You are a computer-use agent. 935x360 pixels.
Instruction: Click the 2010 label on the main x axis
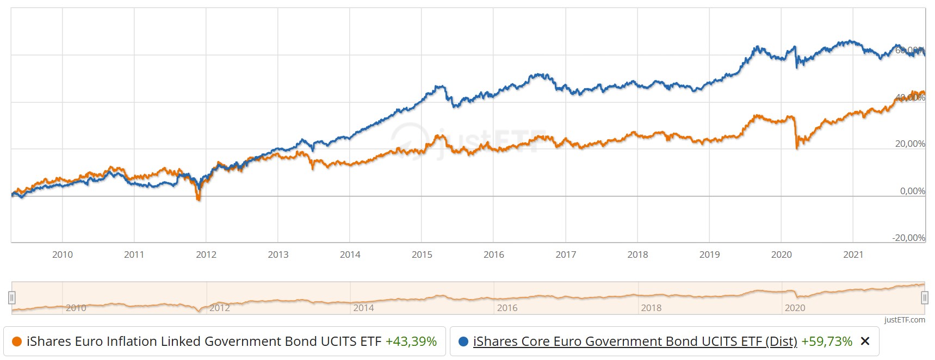coord(63,255)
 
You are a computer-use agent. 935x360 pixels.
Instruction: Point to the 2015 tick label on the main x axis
coord(422,255)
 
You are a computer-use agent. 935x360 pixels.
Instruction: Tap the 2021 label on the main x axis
coord(853,255)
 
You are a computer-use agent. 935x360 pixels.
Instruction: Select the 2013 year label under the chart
coord(278,255)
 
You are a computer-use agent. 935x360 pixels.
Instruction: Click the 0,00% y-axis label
coord(912,191)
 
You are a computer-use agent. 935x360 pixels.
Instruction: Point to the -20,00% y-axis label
coord(908,238)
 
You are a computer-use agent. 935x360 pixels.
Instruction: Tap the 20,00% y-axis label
coord(910,144)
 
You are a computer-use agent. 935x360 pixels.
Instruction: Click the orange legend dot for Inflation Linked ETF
coord(16,342)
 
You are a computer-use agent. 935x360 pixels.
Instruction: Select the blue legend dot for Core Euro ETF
coord(463,342)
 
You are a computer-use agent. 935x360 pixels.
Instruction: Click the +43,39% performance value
coord(411,342)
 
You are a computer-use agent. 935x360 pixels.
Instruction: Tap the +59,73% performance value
coord(826,342)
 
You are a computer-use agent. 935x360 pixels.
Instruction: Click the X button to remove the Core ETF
coord(865,342)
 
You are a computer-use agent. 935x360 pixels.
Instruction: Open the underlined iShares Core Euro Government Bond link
coord(635,342)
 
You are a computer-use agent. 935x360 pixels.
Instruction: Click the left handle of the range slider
coord(12,297)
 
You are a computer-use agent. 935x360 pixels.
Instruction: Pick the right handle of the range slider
coord(924,297)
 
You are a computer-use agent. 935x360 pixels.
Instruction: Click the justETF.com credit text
coord(905,320)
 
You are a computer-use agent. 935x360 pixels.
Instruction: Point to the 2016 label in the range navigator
coord(507,308)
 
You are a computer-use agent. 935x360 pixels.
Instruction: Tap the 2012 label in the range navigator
coord(220,308)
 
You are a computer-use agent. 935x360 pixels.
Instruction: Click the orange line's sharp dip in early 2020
coord(797,147)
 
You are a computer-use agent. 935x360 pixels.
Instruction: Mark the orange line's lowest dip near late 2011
coord(199,199)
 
